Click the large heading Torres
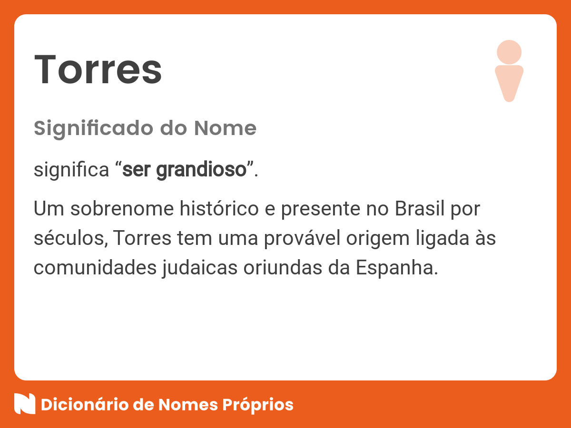click(x=98, y=70)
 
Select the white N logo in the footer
click(x=25, y=404)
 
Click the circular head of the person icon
click(x=509, y=52)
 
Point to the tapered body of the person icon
click(x=509, y=82)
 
